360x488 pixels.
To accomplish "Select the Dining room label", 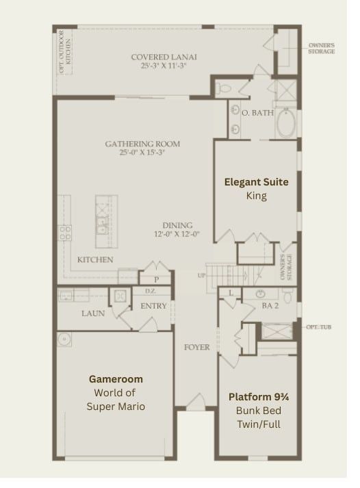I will coord(177,225).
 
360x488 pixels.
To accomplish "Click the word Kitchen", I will coord(95,259).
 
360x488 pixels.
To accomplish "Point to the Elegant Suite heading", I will coord(257,182).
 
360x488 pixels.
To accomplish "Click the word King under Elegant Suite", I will coord(256,196).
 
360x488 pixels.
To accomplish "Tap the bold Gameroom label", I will coord(116,378).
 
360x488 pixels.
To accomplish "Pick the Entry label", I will coord(153,306).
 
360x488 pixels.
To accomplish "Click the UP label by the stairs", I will coord(201,275).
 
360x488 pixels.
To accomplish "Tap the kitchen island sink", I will coord(102,225).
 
